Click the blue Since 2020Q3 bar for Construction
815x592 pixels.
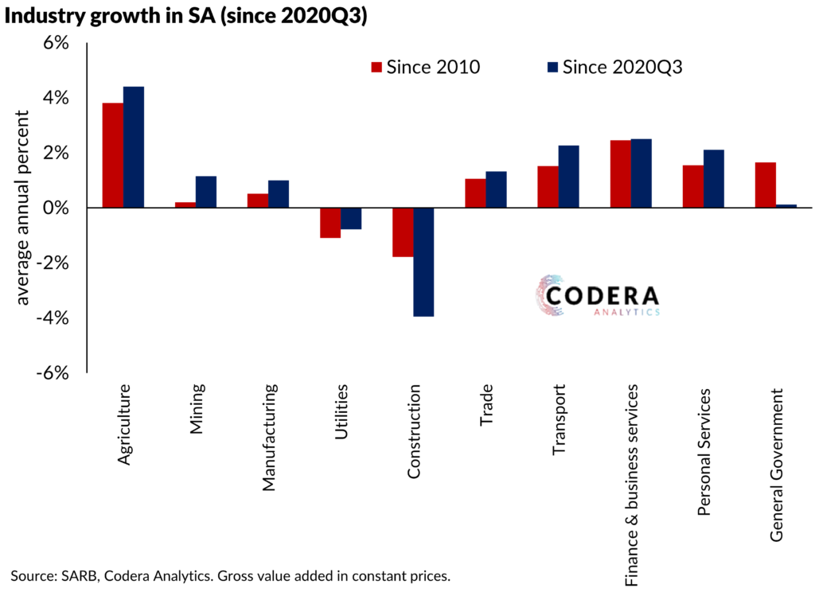pos(423,262)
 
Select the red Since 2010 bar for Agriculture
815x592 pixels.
pos(112,155)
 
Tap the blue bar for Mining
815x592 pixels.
pos(205,192)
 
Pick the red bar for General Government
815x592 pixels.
pos(765,185)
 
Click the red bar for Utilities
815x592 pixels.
pos(330,223)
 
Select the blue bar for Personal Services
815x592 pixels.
pos(713,179)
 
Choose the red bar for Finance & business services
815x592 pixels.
pos(620,173)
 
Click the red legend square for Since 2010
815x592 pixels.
pos(377,67)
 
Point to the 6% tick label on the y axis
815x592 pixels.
pos(58,43)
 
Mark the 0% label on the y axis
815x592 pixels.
pos(58,208)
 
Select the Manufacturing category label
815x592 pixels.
pos(269,438)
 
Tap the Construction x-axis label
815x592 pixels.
pos(415,433)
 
